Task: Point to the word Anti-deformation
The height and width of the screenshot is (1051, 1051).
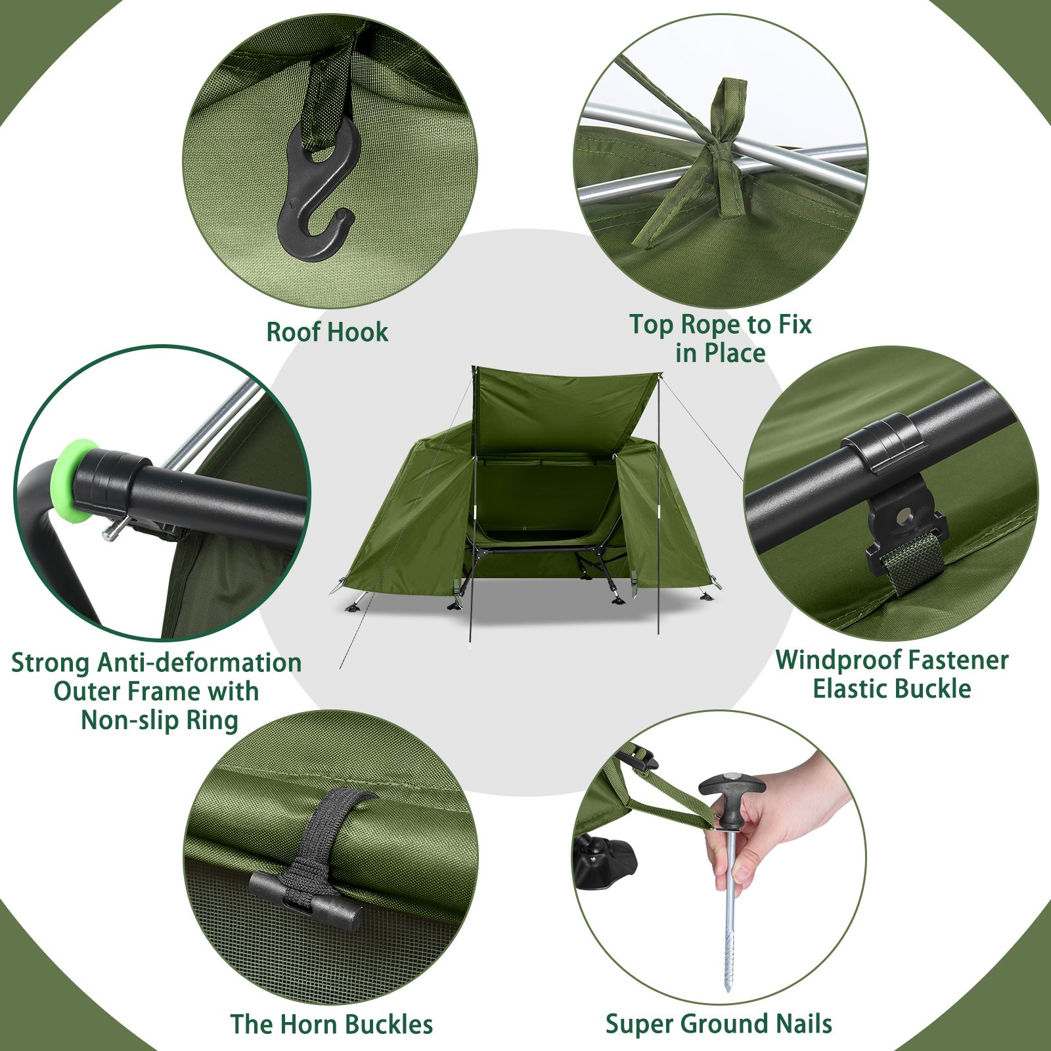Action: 199,662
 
